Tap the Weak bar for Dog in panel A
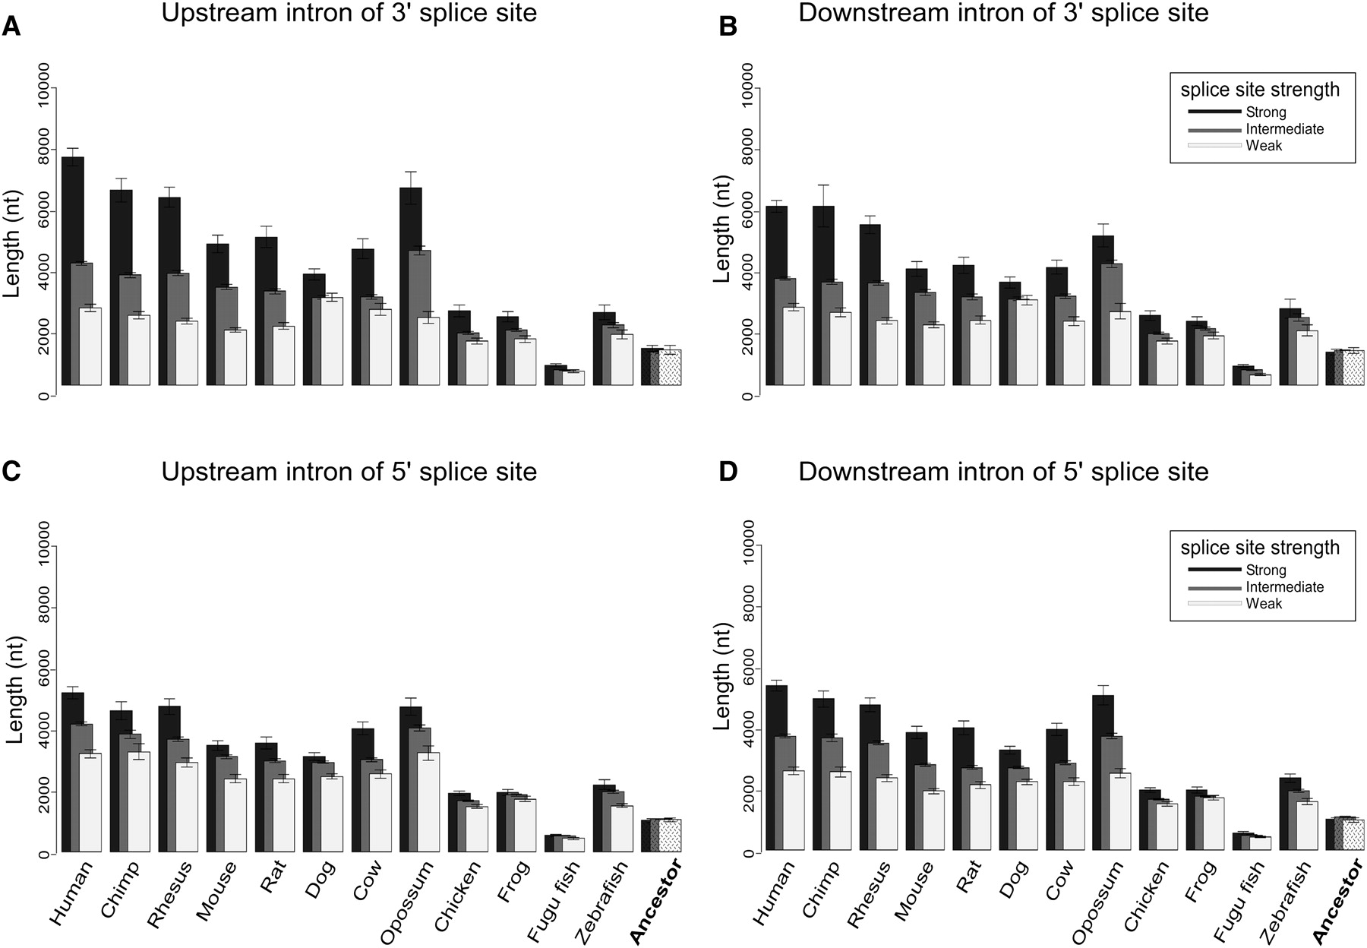pyautogui.click(x=332, y=341)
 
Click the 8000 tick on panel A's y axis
pyautogui.click(x=43, y=148)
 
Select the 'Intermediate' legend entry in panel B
pyautogui.click(x=1285, y=129)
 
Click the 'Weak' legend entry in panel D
pyautogui.click(x=1264, y=604)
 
